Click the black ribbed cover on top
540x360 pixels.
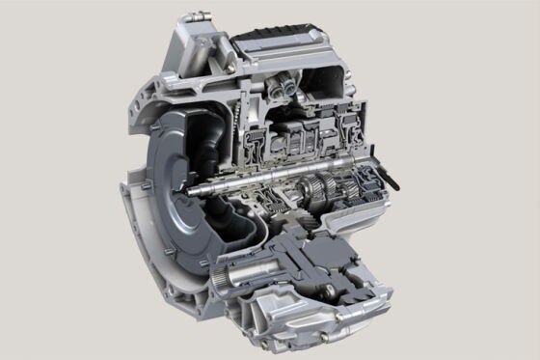click(283, 43)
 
